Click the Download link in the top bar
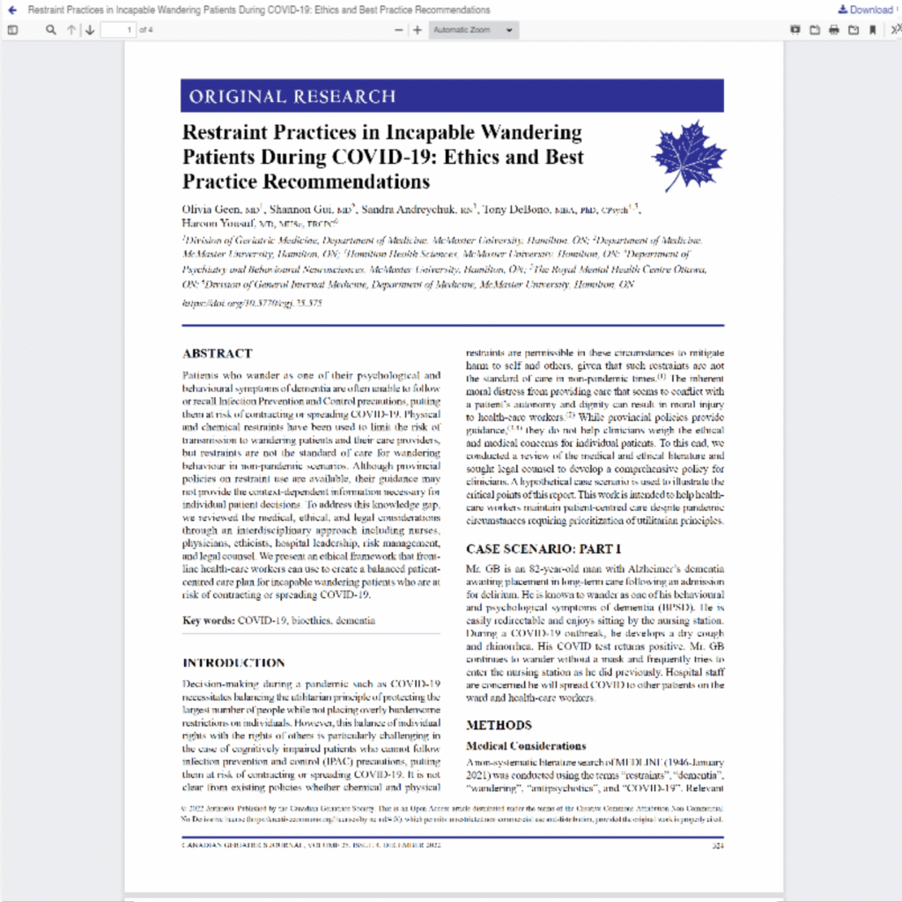click(x=865, y=10)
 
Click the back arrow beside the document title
click(x=11, y=10)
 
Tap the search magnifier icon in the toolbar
click(x=50, y=30)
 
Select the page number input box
click(x=118, y=30)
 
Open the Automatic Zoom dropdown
click(x=474, y=30)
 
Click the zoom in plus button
click(x=418, y=30)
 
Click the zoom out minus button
click(x=398, y=30)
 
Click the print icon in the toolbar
click(x=833, y=30)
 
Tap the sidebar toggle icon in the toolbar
click(x=12, y=30)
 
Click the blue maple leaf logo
click(x=689, y=156)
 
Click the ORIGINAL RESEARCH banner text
click(x=292, y=96)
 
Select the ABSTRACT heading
click(x=217, y=353)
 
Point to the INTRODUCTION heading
click(x=233, y=662)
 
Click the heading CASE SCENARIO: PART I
click(x=543, y=548)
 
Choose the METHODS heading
click(x=499, y=725)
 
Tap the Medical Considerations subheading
click(x=525, y=746)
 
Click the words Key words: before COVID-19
click(x=209, y=620)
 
